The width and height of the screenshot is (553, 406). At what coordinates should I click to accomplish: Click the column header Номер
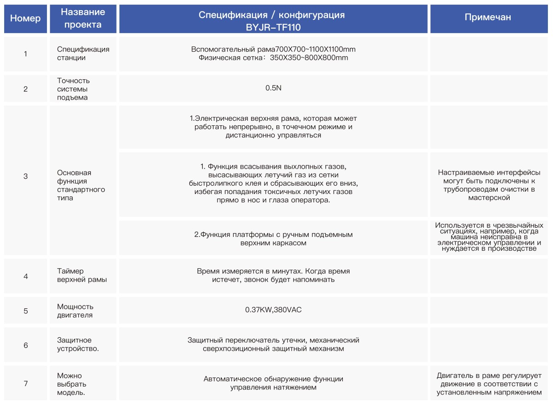point(25,18)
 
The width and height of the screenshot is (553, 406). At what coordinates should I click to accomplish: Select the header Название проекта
point(83,18)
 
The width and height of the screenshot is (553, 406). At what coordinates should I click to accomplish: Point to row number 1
point(25,53)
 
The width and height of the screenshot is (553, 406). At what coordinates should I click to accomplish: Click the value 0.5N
point(273,88)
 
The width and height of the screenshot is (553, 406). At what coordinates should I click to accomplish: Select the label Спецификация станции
point(83,53)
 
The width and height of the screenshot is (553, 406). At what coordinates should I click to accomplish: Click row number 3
point(25,176)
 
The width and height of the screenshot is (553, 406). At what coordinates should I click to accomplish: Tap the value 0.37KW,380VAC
point(273,310)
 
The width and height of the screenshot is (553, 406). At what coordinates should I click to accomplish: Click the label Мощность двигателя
point(75,311)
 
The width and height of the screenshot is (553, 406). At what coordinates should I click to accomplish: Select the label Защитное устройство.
point(77,344)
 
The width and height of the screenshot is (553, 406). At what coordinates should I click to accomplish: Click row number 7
point(25,383)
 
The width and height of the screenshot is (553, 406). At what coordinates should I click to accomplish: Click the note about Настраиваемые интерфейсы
point(489,185)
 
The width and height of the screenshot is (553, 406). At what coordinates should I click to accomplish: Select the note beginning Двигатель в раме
point(489,384)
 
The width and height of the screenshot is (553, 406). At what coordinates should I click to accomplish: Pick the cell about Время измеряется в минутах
point(273,276)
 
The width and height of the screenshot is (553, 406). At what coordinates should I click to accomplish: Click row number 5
point(25,311)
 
